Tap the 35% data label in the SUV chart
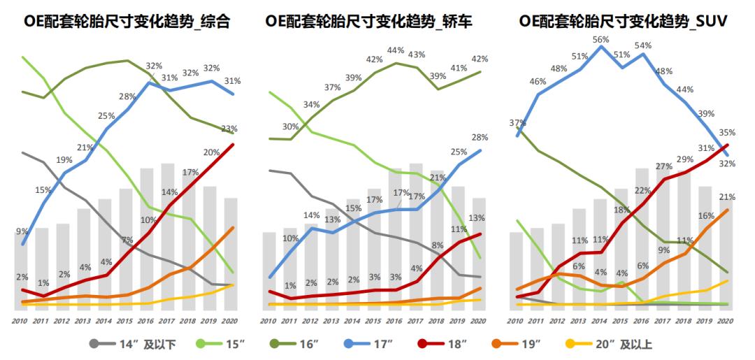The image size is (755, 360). coord(726,132)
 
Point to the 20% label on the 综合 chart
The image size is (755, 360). coord(212,152)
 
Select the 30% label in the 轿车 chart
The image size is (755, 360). coord(290,127)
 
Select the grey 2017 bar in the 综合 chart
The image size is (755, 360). coord(168,238)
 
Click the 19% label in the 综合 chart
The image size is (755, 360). coord(64,160)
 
